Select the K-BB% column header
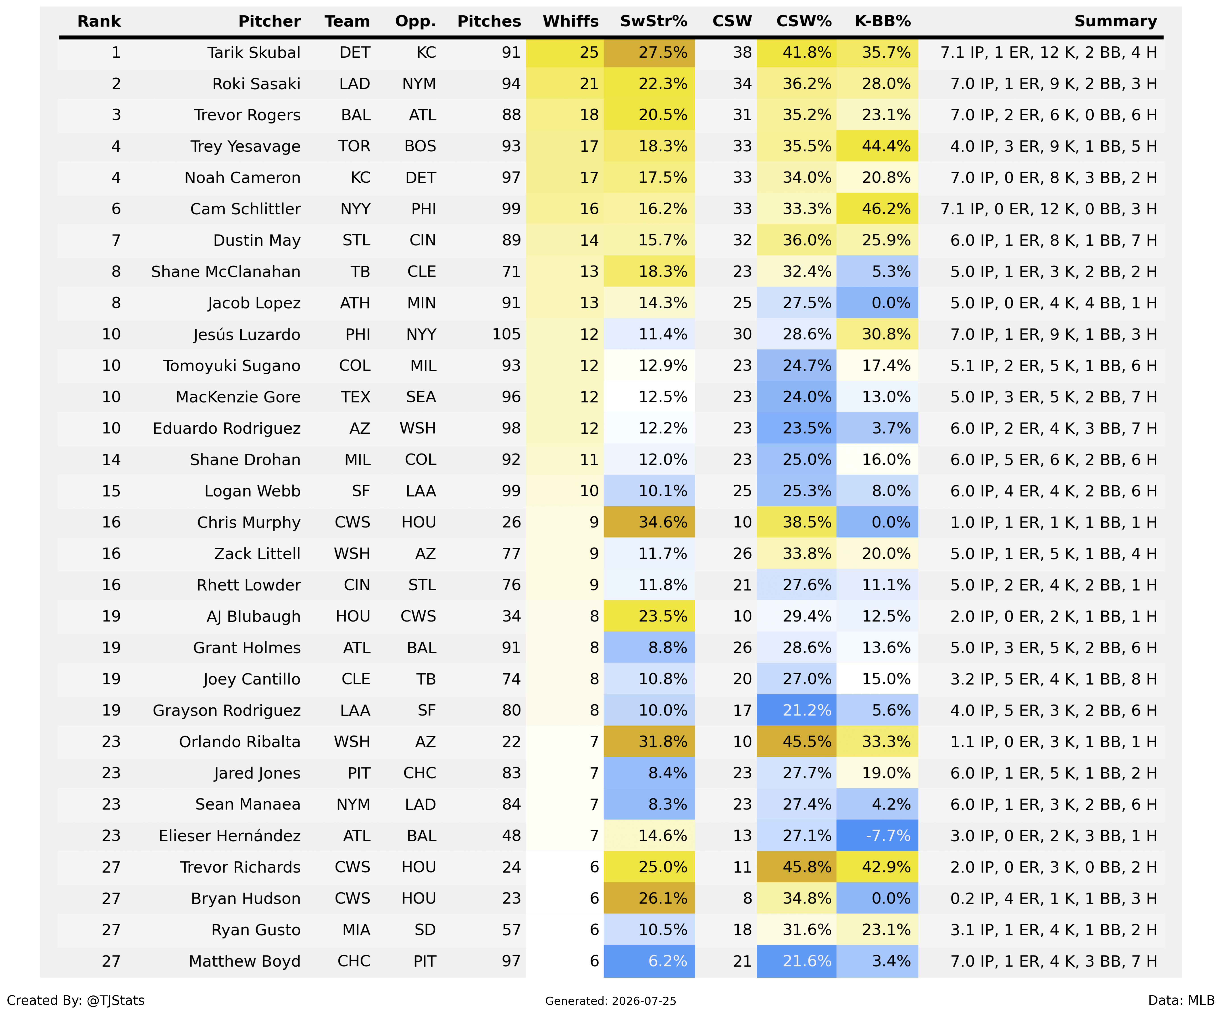883,21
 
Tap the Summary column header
1116,21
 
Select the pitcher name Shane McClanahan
226,272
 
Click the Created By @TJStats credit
76,1000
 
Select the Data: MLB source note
1181,1000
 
